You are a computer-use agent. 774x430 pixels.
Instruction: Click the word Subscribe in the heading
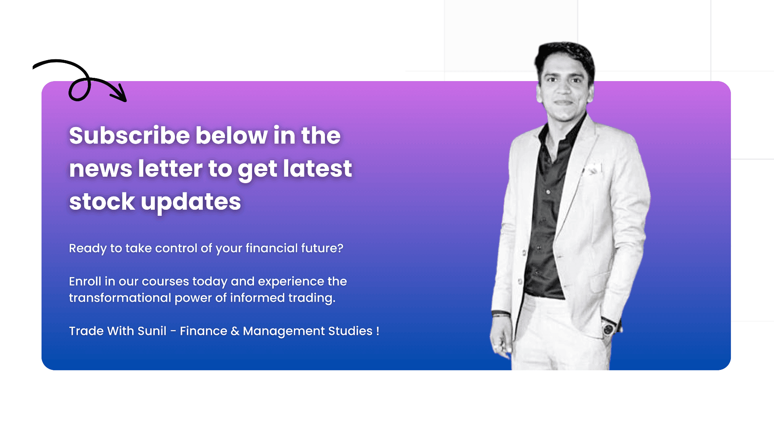click(x=129, y=136)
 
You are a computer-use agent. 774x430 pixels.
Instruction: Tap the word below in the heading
click(x=231, y=136)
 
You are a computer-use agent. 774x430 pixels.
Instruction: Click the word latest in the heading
click(x=317, y=169)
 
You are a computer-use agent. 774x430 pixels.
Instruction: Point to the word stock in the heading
click(x=102, y=202)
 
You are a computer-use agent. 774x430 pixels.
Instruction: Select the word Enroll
click(x=85, y=281)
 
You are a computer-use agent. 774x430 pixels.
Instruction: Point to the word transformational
click(x=120, y=298)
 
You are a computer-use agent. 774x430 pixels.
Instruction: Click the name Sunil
click(x=152, y=331)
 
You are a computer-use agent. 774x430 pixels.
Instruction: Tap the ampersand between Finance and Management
click(x=235, y=331)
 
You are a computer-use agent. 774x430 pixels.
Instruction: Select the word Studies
click(x=350, y=331)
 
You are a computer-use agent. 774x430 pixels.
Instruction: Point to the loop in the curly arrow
click(x=79, y=89)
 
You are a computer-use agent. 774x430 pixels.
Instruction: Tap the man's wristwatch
click(x=608, y=328)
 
